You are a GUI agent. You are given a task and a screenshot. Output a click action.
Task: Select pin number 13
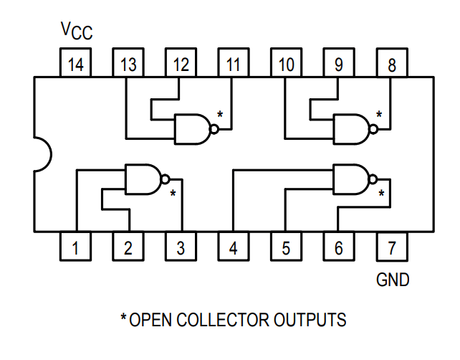point(128,65)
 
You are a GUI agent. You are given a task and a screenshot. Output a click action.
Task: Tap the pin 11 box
point(234,65)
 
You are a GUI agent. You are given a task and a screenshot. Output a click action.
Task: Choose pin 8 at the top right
point(391,65)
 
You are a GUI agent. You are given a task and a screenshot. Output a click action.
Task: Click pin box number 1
point(75,248)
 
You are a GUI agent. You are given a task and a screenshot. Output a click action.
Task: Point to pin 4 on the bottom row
point(233,248)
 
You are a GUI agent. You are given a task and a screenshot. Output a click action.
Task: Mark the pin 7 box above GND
point(391,248)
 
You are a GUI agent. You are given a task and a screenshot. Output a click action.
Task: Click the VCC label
point(77,30)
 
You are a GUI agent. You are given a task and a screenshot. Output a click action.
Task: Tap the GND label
point(393,280)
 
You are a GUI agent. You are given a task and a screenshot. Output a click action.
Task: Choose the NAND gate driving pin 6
point(351,179)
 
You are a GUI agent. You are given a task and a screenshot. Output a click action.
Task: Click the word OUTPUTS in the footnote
point(311,318)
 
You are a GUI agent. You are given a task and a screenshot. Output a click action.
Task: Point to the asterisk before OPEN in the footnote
point(123,317)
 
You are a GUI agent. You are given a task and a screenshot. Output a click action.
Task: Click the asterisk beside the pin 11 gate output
point(220,115)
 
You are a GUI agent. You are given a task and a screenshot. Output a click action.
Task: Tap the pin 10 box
point(286,65)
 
